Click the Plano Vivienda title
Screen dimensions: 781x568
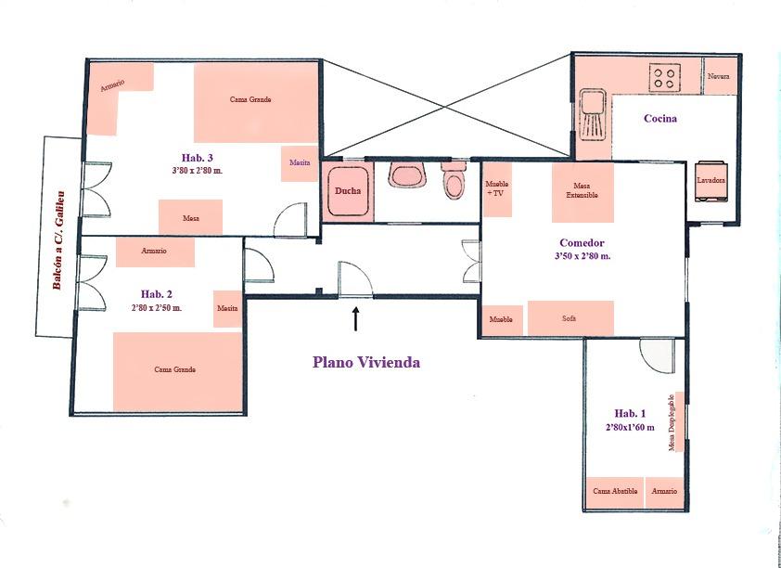366,362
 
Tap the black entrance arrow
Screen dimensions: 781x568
355,319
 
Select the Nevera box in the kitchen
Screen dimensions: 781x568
719,76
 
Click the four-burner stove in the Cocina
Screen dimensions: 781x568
665,78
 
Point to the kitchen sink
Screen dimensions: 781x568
594,112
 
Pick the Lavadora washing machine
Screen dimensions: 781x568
711,181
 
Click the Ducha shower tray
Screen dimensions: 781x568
348,191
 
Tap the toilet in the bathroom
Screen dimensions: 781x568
454,179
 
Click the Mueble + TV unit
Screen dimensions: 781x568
497,189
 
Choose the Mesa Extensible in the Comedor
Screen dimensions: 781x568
583,192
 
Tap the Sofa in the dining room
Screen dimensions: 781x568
570,318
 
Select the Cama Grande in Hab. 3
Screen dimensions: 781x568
255,103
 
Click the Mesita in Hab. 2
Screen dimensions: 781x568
227,309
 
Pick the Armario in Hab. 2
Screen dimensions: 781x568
155,252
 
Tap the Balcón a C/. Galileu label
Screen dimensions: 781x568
58,240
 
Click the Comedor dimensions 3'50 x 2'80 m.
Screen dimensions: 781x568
582,256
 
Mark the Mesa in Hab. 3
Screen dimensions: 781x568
190,217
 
